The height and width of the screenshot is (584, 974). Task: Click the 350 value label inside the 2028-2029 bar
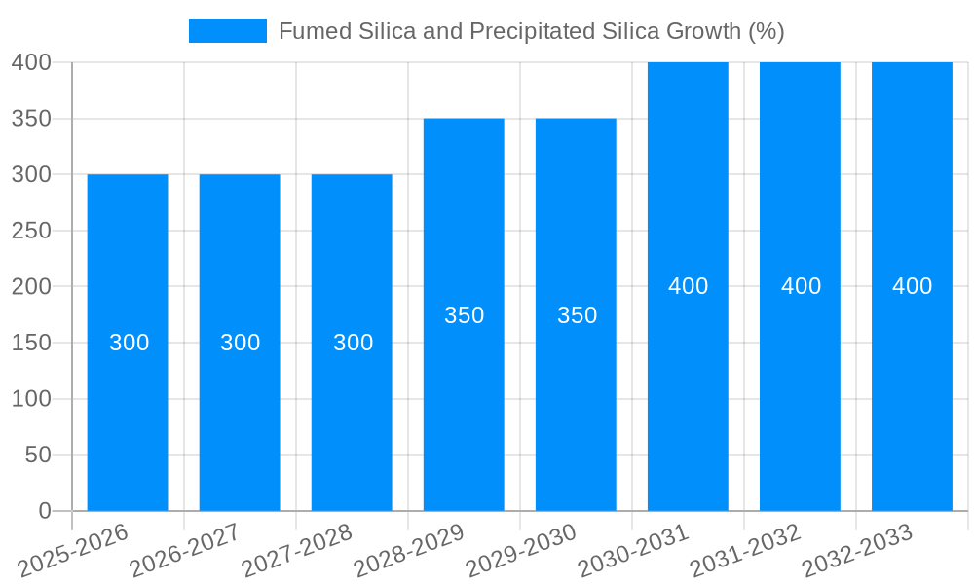[464, 315]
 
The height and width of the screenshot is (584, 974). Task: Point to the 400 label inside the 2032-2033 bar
[912, 286]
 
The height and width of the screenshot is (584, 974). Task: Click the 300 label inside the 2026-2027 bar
[240, 343]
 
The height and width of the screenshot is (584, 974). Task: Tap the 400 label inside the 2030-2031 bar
[688, 286]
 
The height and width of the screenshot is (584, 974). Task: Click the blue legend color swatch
[227, 31]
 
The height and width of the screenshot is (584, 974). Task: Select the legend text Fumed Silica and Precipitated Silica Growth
[531, 31]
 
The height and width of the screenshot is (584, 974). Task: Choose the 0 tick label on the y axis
[44, 511]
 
